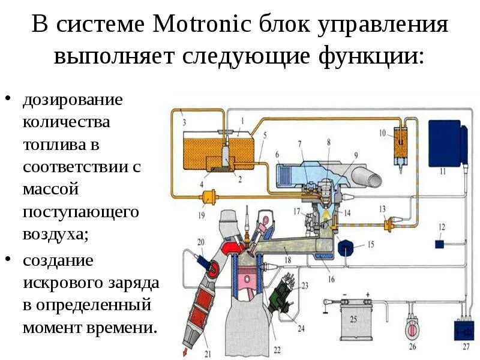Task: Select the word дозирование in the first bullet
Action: [x=73, y=100]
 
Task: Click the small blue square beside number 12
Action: [x=439, y=244]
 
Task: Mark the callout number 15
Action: [x=370, y=244]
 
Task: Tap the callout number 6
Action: [x=277, y=155]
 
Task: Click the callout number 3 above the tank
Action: [x=184, y=122]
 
